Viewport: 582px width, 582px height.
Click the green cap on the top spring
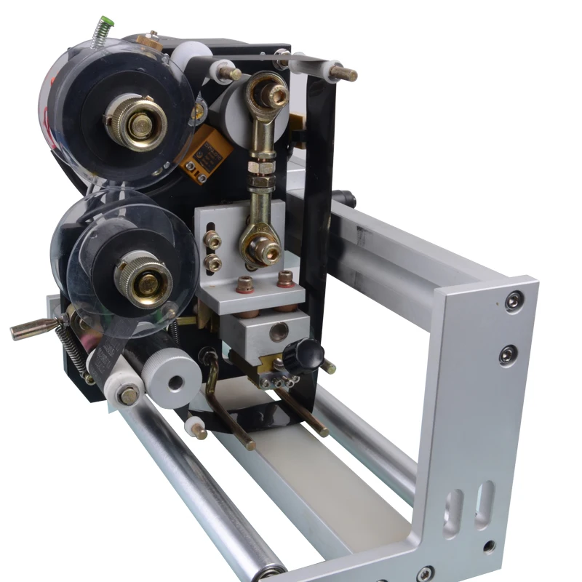100,24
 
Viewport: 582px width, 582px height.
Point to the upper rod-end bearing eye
268,92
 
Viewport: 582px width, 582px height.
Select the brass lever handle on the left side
33,330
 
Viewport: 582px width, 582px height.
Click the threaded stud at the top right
342,73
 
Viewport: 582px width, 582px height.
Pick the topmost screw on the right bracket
514,299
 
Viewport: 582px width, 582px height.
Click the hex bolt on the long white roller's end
128,396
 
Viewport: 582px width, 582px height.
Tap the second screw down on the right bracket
507,354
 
